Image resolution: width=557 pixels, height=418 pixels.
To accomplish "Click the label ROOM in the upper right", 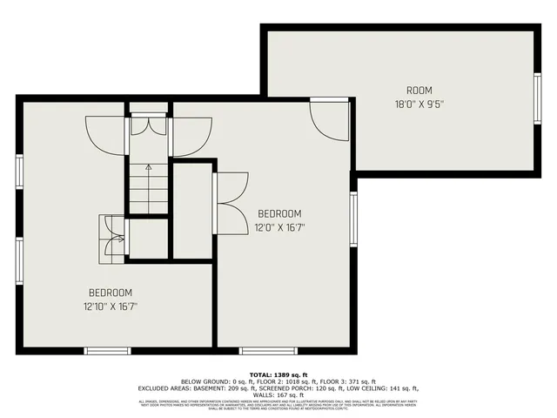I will tap(419, 91).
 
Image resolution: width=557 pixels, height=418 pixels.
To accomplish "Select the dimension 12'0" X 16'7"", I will tap(279, 227).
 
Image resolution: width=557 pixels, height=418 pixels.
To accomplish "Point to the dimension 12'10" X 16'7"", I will tap(110, 306).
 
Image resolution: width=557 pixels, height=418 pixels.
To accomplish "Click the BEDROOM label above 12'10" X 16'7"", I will tap(110, 293).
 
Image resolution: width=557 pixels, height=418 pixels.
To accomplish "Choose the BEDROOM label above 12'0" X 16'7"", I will tap(279, 214).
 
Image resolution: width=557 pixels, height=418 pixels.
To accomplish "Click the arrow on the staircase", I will tap(148, 167).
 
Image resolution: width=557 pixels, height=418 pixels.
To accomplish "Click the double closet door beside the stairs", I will tap(231, 204).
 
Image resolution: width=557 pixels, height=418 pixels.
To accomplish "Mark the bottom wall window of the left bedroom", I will tap(107, 351).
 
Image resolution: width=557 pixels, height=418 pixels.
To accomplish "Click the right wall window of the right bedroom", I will tap(353, 218).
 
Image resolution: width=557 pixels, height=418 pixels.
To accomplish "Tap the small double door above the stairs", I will tap(149, 125).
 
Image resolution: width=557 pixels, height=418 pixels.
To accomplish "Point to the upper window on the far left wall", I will tap(18, 171).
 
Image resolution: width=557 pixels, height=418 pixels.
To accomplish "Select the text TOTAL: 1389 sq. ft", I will tap(278, 373).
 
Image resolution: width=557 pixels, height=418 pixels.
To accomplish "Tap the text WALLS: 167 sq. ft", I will tap(278, 394).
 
